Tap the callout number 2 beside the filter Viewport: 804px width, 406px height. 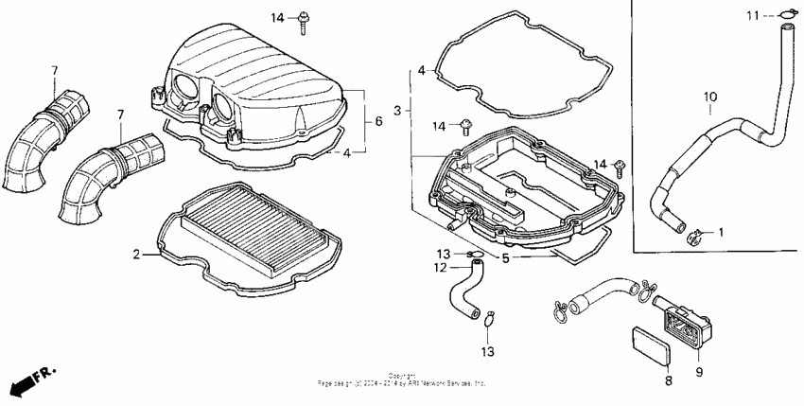137,255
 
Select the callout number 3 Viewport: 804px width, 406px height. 398,111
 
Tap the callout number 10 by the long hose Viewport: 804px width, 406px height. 710,97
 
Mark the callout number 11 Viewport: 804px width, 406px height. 752,15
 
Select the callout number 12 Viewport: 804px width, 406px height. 440,267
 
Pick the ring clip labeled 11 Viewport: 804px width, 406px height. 785,14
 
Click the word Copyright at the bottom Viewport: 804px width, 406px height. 402,376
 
